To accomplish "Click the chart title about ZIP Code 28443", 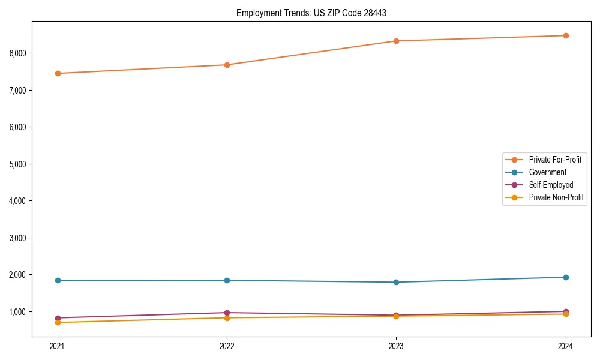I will (311, 13).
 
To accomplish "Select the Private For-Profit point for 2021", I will (58, 73).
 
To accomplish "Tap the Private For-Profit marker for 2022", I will (227, 65).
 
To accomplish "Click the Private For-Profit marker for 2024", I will (566, 35).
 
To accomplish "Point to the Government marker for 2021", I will (58, 280).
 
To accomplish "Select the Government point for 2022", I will (227, 280).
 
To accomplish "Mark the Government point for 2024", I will (566, 277).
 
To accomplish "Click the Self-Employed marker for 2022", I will (227, 313).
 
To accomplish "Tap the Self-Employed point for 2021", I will (58, 318).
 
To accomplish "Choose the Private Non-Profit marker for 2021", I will (58, 322).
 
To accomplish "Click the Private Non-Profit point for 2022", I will (227, 317).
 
